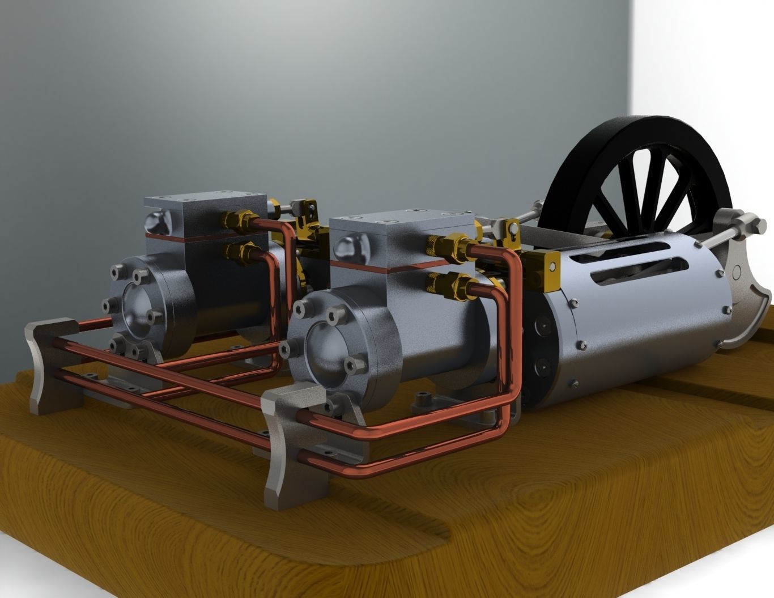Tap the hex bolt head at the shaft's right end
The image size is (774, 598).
pos(756,228)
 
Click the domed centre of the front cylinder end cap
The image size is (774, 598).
pos(326,346)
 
